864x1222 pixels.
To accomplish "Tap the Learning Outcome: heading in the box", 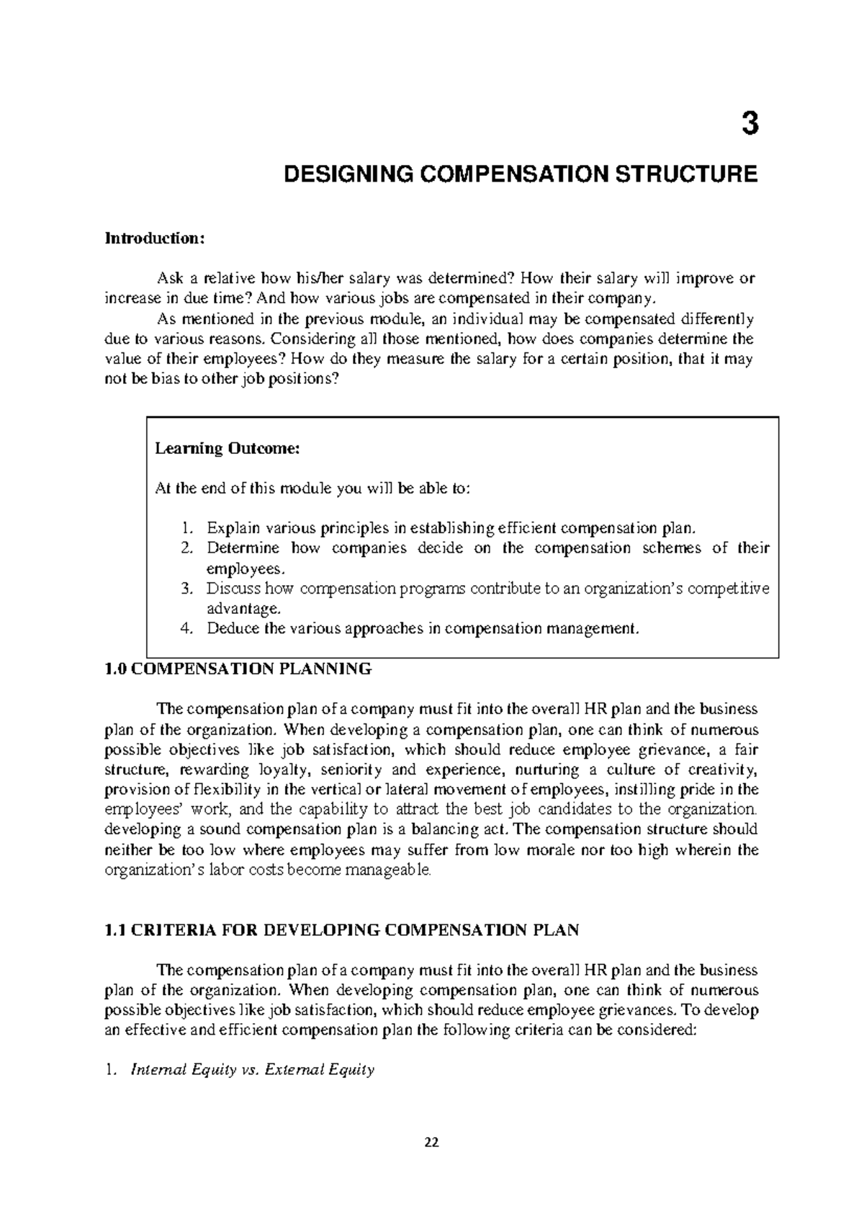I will [227, 449].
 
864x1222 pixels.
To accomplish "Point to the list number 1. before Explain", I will [187, 527].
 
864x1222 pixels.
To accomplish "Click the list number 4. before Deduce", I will [187, 628].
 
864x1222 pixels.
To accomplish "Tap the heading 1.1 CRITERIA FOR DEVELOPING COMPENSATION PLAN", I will [342, 930].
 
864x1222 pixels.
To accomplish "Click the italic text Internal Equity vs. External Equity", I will [252, 1070].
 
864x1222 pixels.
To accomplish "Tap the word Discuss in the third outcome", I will [231, 589].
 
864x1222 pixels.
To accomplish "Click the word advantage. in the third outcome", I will [241, 609].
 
